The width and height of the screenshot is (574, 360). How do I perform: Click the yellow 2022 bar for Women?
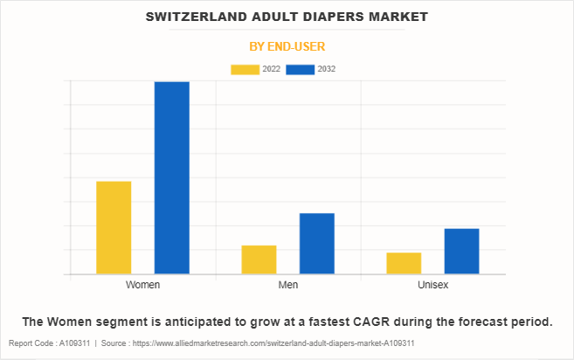coord(114,227)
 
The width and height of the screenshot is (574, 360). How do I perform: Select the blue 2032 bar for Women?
coord(172,177)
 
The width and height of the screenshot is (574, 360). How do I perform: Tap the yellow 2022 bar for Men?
coord(259,260)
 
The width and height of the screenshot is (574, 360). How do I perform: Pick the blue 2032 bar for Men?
coord(317,243)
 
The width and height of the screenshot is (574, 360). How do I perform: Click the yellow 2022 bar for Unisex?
coord(404,263)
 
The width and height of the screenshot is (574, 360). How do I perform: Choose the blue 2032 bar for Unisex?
coord(461,251)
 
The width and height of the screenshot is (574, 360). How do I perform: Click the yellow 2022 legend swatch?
coord(245,69)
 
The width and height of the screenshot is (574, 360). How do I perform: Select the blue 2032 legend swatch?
coord(300,69)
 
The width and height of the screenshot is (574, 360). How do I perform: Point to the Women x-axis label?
coord(142,285)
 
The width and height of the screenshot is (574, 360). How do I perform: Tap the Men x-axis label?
coord(287,285)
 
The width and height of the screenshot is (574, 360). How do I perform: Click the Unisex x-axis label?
coord(432,285)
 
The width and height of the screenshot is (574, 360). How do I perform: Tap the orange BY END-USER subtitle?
coord(287,45)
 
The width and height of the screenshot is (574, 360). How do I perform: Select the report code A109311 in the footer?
coord(70,343)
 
